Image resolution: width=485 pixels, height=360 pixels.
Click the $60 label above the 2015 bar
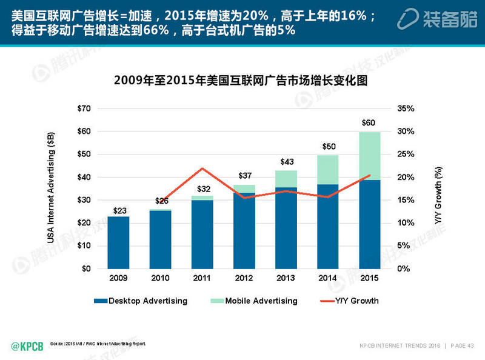coord(368,123)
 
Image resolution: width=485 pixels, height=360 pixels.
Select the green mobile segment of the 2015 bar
coord(369,156)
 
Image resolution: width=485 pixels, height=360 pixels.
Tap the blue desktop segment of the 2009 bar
coord(118,242)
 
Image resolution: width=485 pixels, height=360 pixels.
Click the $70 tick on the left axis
coord(85,108)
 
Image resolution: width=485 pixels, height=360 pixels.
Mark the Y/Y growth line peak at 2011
coord(202,168)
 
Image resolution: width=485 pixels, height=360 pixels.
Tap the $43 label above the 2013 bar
coord(286,162)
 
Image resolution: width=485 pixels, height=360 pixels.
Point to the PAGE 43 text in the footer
coord(463,346)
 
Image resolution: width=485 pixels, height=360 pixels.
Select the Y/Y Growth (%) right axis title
coord(439,188)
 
